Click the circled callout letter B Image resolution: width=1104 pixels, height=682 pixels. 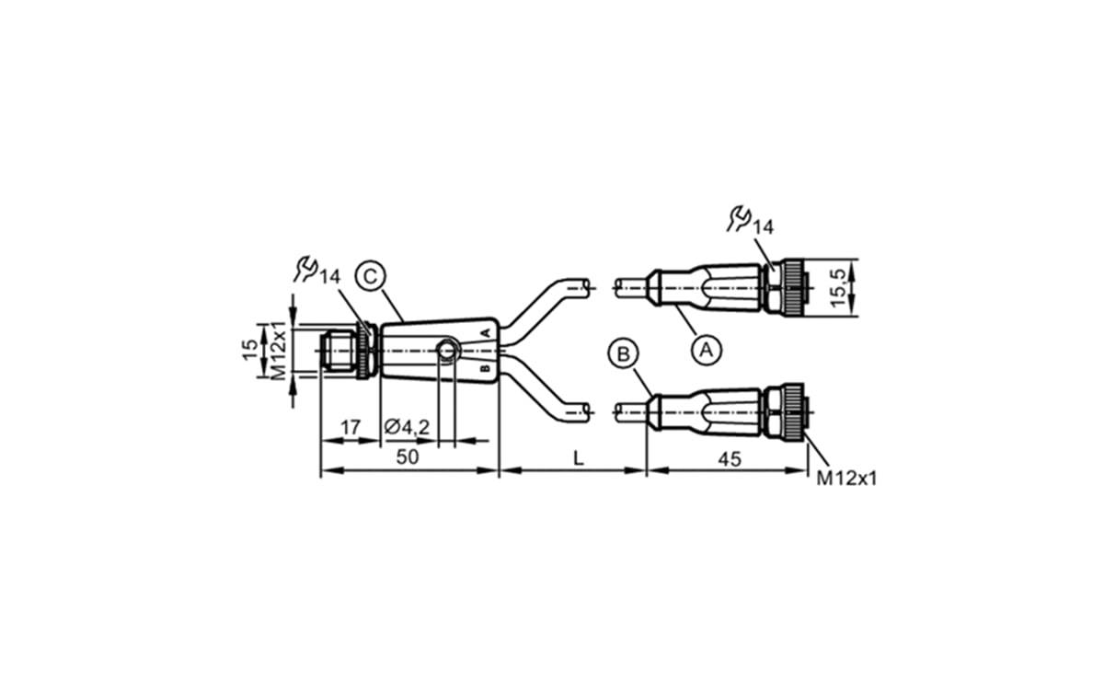pyautogui.click(x=623, y=353)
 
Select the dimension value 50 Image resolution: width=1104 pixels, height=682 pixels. pyautogui.click(x=407, y=457)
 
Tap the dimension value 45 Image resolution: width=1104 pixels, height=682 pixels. pyautogui.click(x=729, y=457)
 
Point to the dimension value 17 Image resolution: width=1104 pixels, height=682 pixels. pyautogui.click(x=350, y=427)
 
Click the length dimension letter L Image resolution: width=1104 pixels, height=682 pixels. pyautogui.click(x=578, y=457)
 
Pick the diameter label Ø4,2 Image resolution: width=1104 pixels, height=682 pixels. pyautogui.click(x=406, y=427)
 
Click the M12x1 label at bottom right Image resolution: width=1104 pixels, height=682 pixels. pyautogui.click(x=846, y=479)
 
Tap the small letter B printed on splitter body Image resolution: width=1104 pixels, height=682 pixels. pyautogui.click(x=485, y=367)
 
